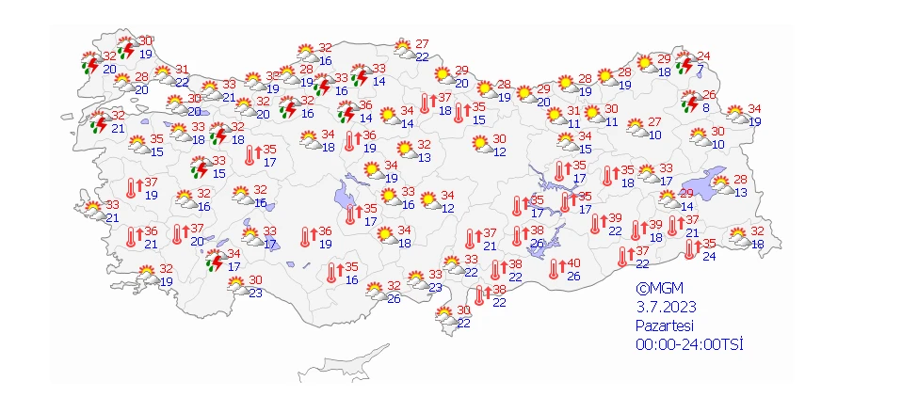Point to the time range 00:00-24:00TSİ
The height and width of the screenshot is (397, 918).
(x=688, y=343)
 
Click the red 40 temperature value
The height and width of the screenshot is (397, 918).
(x=573, y=263)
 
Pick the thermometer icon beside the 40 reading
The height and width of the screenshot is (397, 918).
(x=555, y=270)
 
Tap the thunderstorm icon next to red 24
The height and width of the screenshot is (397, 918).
(x=684, y=64)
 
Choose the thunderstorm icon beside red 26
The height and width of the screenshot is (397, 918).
(x=690, y=102)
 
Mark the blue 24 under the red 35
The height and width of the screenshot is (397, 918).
(x=709, y=257)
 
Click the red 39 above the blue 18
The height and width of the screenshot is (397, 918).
(x=656, y=225)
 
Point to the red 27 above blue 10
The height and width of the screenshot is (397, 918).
(x=654, y=122)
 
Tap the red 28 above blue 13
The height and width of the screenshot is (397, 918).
(x=740, y=180)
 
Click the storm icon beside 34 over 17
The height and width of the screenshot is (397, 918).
(x=215, y=261)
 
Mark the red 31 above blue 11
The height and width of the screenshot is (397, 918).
(x=573, y=110)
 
